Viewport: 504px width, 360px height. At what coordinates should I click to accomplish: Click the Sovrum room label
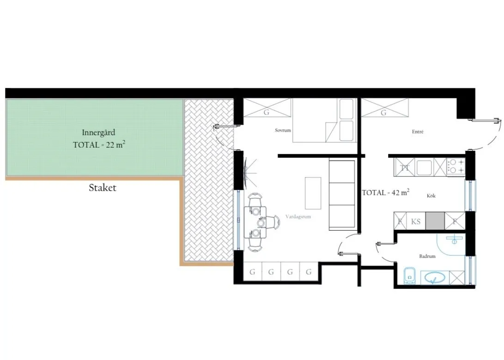(x=283, y=130)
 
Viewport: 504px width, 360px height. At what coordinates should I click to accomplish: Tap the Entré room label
(x=418, y=132)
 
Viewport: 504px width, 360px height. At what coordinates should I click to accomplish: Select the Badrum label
(x=427, y=256)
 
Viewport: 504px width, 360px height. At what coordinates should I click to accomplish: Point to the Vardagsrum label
(x=298, y=217)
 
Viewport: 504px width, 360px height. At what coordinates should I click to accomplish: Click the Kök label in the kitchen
(x=431, y=196)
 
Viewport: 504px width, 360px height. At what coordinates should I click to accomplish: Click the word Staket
(x=102, y=188)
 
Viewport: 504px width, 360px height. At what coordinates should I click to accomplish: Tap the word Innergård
(x=98, y=132)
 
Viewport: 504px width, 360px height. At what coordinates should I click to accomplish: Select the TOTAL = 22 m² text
(x=99, y=144)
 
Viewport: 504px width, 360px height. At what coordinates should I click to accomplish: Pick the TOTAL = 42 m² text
(x=386, y=192)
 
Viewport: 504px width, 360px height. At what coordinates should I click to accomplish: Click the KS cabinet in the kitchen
(x=416, y=221)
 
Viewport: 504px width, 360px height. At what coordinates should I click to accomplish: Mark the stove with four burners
(x=456, y=166)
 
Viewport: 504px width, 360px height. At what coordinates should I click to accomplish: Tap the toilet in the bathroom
(x=409, y=276)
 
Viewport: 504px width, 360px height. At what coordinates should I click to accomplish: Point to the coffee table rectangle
(x=313, y=193)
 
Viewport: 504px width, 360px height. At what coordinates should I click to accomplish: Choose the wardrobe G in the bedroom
(x=267, y=108)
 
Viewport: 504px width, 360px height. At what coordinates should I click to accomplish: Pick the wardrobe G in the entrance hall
(x=384, y=108)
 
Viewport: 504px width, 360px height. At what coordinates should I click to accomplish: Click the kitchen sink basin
(x=424, y=168)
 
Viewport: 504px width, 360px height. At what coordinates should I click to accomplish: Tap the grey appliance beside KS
(x=435, y=221)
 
